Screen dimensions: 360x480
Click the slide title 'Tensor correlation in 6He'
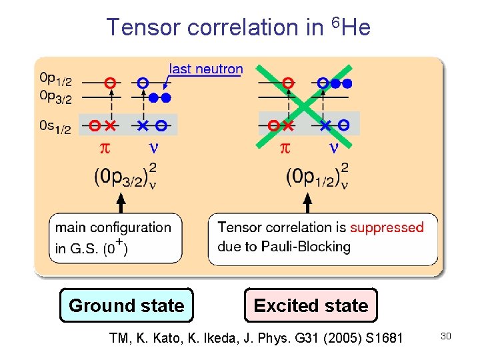click(239, 27)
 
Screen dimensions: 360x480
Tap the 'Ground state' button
click(126, 305)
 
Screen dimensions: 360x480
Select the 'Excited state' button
click(311, 305)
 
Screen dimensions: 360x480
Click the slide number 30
click(446, 336)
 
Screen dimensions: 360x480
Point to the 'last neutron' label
click(206, 69)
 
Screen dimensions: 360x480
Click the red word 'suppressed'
click(387, 228)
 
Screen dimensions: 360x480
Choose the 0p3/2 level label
click(55, 97)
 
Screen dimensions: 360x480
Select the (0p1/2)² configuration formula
click(317, 176)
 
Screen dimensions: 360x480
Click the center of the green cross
click(306, 104)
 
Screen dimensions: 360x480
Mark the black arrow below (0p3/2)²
click(121, 202)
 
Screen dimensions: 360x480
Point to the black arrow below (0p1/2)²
click(307, 202)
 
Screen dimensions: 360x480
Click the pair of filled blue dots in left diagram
click(160, 97)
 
